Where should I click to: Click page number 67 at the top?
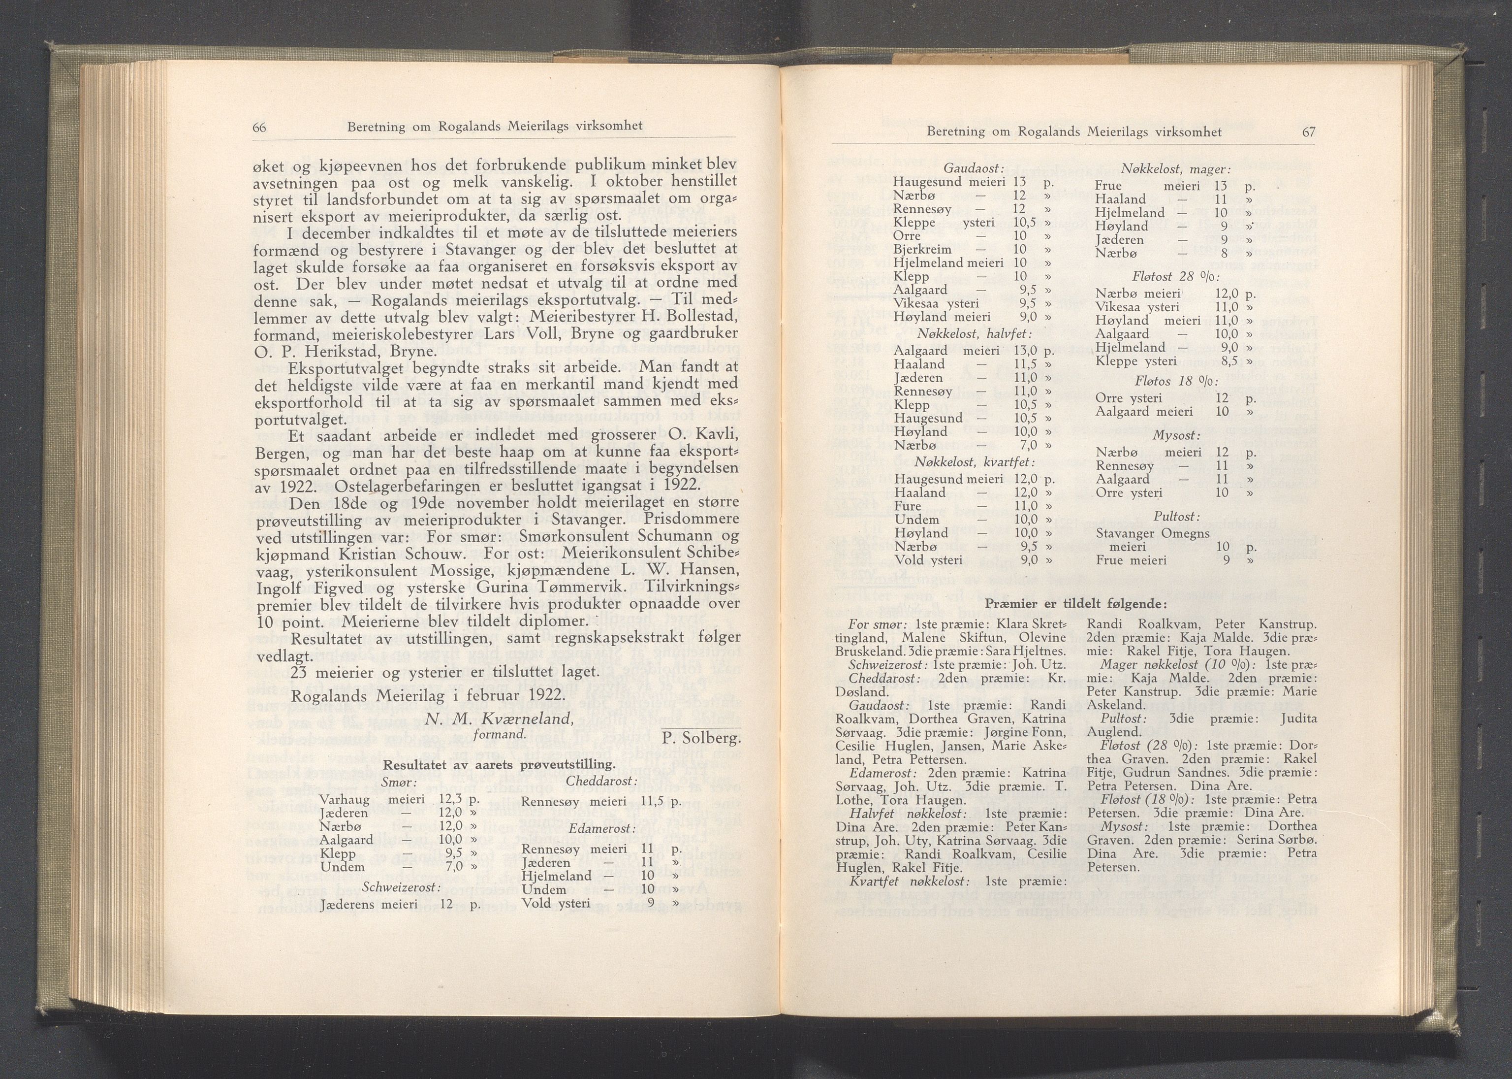tap(1308, 132)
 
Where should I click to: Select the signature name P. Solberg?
tap(701, 738)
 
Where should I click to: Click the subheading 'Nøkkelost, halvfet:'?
tap(974, 333)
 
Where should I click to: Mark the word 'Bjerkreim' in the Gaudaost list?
tap(922, 249)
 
